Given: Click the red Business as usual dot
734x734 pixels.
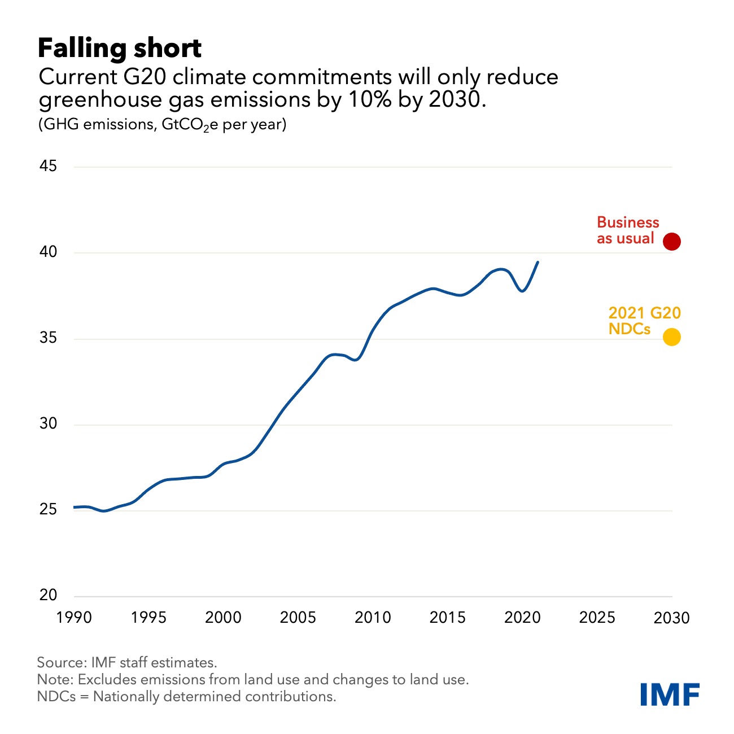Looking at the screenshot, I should (672, 242).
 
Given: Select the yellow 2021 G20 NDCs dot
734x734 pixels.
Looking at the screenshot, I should (671, 337).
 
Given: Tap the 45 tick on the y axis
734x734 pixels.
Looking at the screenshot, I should (49, 166).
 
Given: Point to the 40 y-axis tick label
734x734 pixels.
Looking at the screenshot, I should (49, 252).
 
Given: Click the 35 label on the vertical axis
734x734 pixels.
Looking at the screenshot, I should (49, 338).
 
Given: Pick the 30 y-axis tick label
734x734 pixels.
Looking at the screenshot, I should (49, 423).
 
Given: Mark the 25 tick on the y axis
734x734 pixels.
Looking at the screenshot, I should (49, 509).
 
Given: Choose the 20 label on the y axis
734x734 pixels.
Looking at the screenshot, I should (49, 595).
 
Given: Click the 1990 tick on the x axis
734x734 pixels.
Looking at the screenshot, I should (74, 618).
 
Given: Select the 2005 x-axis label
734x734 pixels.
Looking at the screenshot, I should (298, 618).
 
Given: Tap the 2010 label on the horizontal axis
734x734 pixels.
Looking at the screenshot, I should (373, 618).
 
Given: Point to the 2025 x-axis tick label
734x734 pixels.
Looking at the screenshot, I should (597, 618).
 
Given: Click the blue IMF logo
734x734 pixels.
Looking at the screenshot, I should (670, 694).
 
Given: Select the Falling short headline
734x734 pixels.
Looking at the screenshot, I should (120, 49).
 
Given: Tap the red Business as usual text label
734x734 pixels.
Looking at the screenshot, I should (627, 230).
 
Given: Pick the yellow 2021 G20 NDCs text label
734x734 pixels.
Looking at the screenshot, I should (644, 321).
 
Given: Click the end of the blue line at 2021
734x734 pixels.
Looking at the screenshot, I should (538, 262).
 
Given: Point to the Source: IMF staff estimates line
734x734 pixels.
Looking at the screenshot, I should (127, 662).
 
